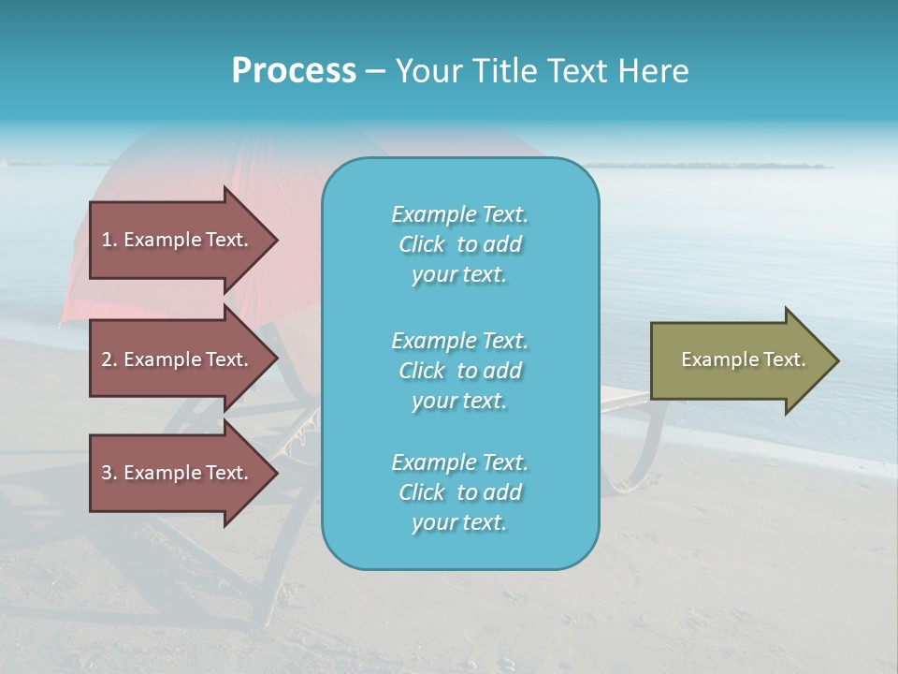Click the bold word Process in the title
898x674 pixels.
pyautogui.click(x=294, y=71)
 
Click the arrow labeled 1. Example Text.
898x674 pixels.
pyautogui.click(x=178, y=240)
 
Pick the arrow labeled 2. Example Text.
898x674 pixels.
pyautogui.click(x=178, y=359)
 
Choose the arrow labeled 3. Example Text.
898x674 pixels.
pyautogui.click(x=178, y=473)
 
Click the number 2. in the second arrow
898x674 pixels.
pyautogui.click(x=109, y=359)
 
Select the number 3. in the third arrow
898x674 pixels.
pyautogui.click(x=109, y=473)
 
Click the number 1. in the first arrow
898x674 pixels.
pyautogui.click(x=109, y=240)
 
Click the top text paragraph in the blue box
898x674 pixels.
pyautogui.click(x=459, y=244)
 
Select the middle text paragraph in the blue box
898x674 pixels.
pyautogui.click(x=459, y=371)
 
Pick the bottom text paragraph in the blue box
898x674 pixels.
pyautogui.click(x=459, y=492)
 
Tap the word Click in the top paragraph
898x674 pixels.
pyautogui.click(x=421, y=244)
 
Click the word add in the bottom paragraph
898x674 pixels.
pyautogui.click(x=502, y=492)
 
